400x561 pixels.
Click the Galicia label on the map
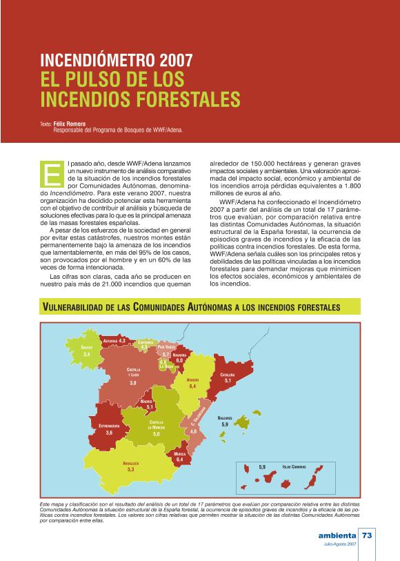[87, 348]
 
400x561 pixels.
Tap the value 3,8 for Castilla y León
[133, 382]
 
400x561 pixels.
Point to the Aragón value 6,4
[192, 386]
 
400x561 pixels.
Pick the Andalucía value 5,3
[130, 469]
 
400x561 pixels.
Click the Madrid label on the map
[146, 401]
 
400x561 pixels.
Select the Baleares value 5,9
[224, 424]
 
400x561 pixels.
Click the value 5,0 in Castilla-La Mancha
[157, 434]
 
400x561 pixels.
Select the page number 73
[367, 535]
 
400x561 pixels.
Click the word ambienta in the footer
[337, 535]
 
